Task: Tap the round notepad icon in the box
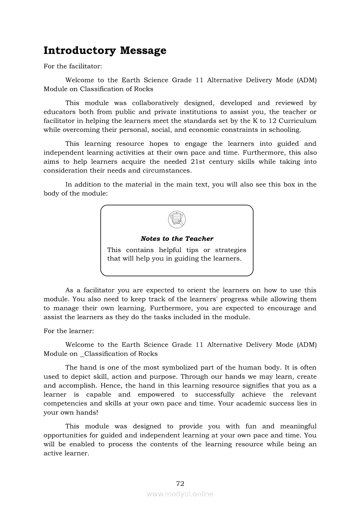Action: point(177,219)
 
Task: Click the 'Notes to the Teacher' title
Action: point(177,239)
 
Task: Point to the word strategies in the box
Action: point(231,250)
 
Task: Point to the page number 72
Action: point(180,483)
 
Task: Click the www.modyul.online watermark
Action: point(180,494)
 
